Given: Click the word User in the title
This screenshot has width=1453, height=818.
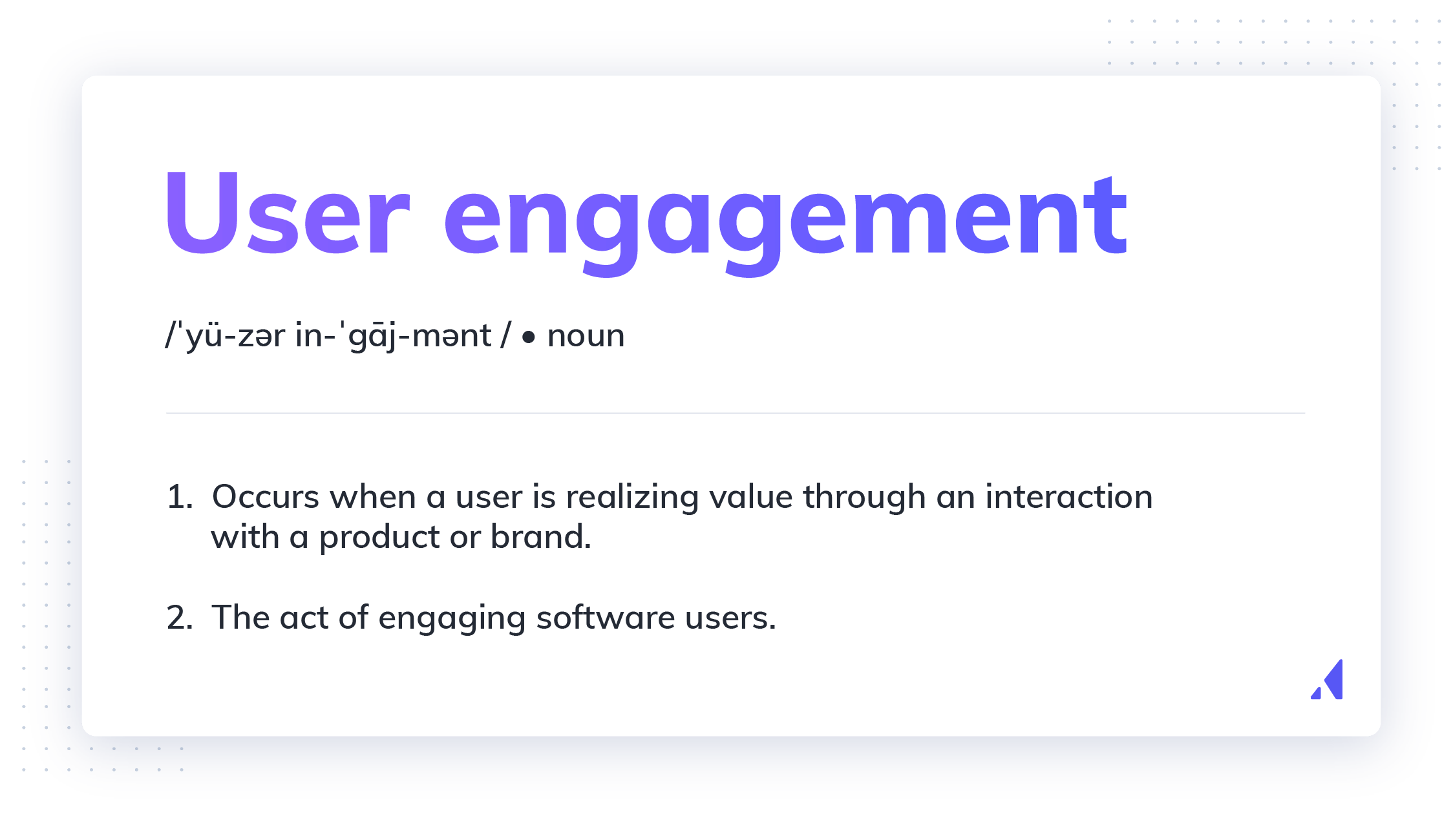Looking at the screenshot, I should pyautogui.click(x=288, y=213).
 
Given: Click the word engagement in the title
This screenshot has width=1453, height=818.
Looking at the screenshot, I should pyautogui.click(x=785, y=220).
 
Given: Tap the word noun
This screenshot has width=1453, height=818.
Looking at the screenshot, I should pyautogui.click(x=586, y=336).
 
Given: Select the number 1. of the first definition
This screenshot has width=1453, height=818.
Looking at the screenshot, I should pyautogui.click(x=180, y=498).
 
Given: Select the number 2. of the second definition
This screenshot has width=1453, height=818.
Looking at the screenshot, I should pyautogui.click(x=180, y=618).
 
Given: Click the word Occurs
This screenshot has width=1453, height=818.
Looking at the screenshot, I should pyautogui.click(x=266, y=498).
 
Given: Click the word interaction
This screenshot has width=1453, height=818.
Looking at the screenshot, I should pyautogui.click(x=1068, y=498).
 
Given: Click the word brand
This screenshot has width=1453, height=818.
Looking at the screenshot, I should pyautogui.click(x=540, y=537).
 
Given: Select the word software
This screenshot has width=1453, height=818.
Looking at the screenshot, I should pyautogui.click(x=605, y=618).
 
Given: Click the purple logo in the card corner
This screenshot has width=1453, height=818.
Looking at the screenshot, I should pyautogui.click(x=1328, y=680).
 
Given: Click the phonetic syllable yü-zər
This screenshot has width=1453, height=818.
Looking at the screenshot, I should pyautogui.click(x=235, y=337).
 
